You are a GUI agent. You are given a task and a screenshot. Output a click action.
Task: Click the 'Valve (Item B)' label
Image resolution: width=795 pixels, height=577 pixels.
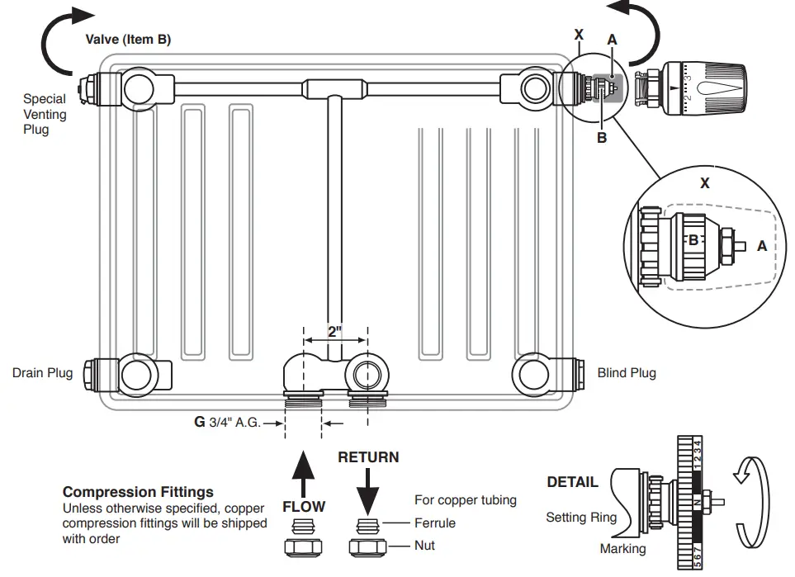point(128,40)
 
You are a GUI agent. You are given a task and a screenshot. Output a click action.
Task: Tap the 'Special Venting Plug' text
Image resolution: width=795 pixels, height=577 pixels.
point(45,114)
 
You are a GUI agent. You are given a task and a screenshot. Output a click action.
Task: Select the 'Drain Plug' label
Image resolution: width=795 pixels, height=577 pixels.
point(42,373)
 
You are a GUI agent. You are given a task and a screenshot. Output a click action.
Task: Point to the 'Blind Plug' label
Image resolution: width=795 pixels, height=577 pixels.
point(627,373)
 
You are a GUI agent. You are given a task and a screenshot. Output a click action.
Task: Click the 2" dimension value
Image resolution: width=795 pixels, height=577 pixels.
point(334,332)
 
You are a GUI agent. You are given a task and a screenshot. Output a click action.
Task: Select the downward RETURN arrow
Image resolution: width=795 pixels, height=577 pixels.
point(367,490)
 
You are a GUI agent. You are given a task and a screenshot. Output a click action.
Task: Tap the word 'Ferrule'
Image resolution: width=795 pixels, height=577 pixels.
point(434,523)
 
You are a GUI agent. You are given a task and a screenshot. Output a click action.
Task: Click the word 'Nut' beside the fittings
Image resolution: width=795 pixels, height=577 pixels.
point(424,546)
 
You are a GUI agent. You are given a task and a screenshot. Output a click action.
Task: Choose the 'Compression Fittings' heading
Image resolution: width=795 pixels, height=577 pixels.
point(138,492)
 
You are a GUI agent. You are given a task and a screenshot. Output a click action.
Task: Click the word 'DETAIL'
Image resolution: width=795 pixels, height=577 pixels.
point(572,482)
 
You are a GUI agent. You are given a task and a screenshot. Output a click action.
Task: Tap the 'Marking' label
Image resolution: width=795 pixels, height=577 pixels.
point(623,549)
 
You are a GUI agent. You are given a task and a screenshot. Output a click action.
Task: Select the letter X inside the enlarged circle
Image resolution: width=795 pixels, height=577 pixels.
point(704,183)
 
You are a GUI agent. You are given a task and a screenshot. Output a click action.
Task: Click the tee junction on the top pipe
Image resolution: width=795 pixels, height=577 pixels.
point(334,87)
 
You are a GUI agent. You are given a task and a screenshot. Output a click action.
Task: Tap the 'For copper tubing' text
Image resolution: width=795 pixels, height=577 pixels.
point(465,500)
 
